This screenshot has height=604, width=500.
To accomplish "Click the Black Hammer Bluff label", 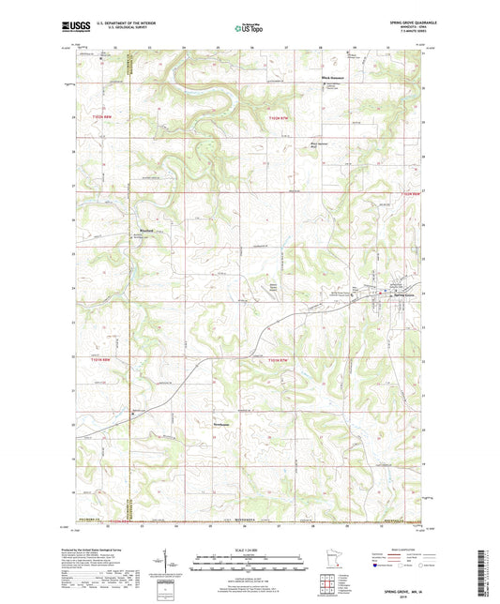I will [322, 144].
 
